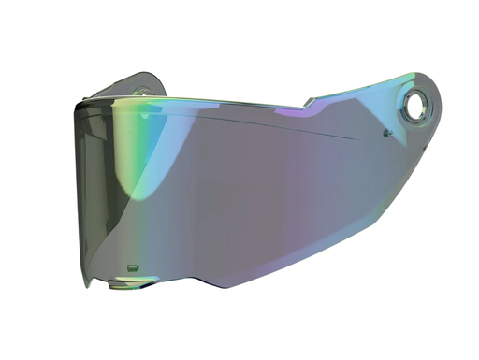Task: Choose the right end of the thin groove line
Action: coord(356,139)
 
